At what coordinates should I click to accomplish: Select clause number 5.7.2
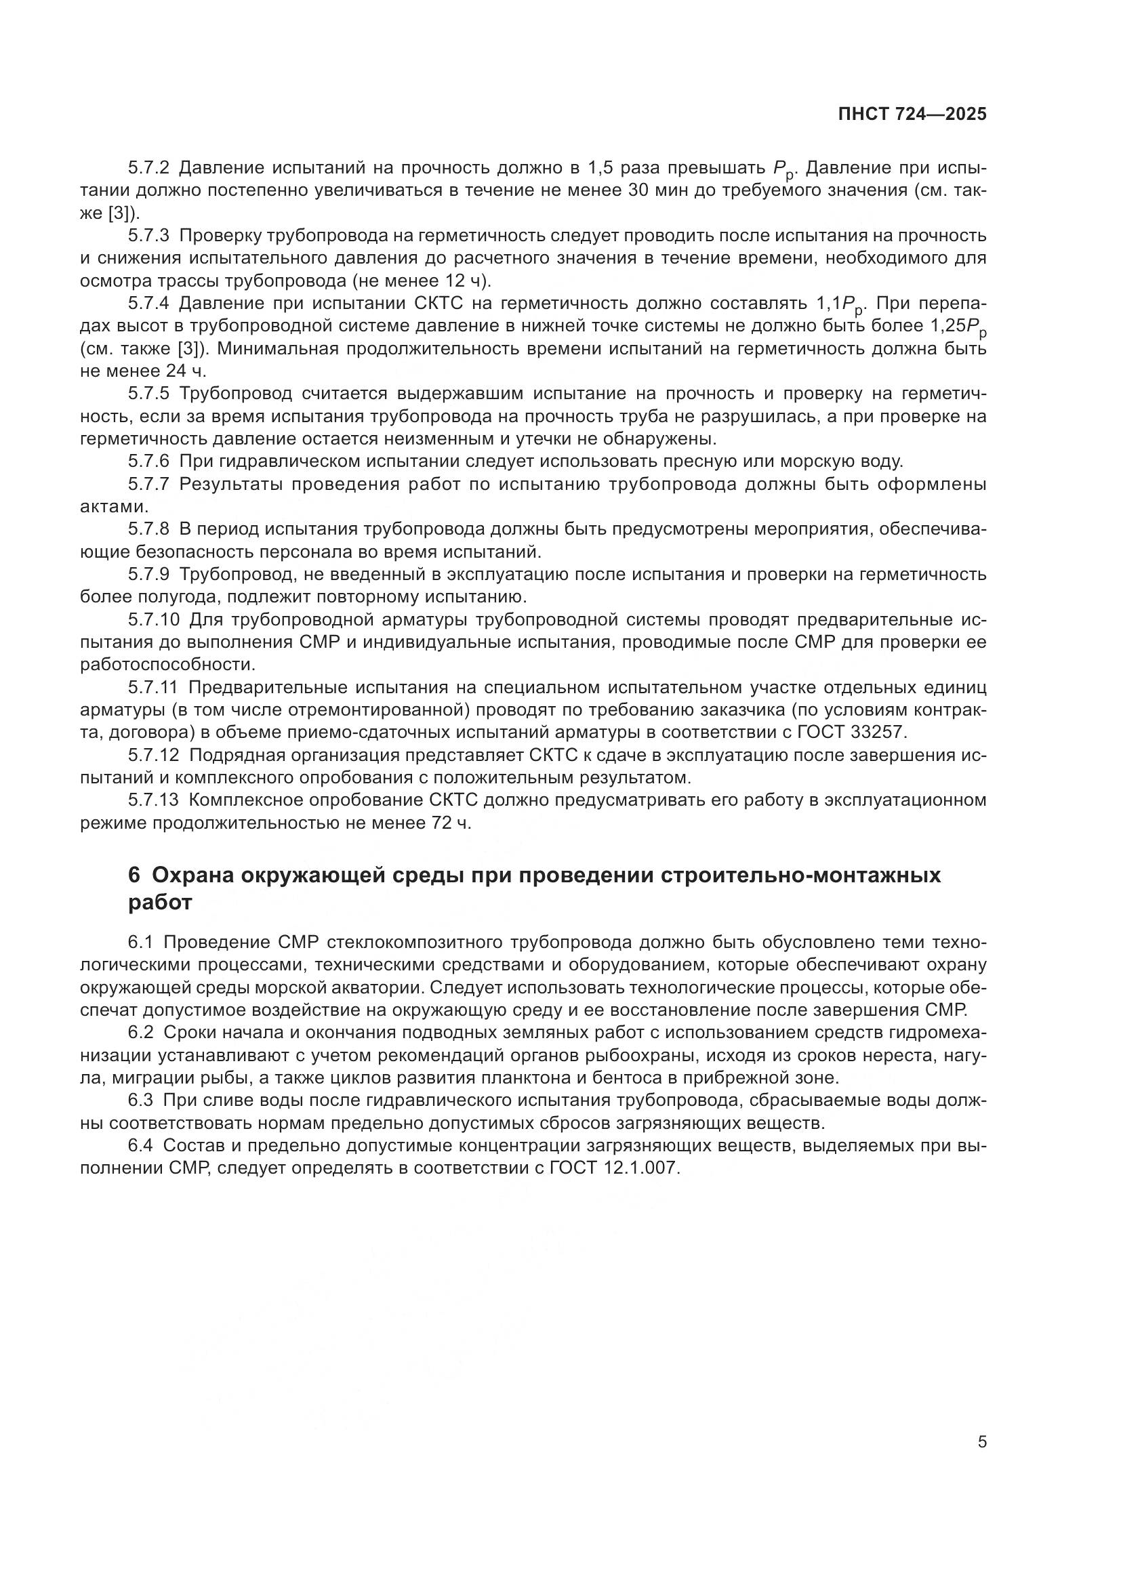pyautogui.click(x=148, y=168)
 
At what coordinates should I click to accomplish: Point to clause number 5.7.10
pyautogui.click(x=153, y=619)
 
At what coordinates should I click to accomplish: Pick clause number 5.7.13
pyautogui.click(x=153, y=800)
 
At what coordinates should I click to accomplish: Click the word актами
pyautogui.click(x=114, y=507)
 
